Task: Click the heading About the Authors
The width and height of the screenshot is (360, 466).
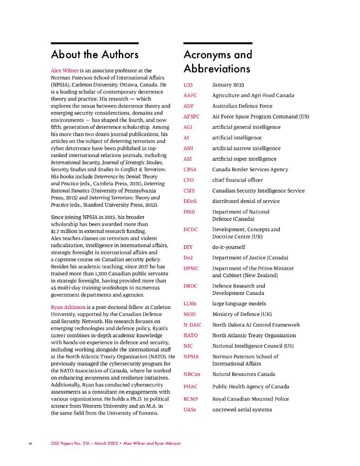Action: point(95,55)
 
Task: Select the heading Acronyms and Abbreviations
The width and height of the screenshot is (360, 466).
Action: point(218,61)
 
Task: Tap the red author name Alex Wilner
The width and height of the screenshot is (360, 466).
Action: point(65,71)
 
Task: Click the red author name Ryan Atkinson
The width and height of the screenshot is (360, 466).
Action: point(68,307)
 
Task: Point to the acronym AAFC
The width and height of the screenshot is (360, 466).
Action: point(190,96)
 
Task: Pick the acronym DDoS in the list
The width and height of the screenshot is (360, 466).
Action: point(191,201)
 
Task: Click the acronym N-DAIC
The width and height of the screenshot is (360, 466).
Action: point(193,325)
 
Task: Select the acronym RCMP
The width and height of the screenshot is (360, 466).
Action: point(191,399)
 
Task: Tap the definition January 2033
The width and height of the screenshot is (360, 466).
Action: point(228,85)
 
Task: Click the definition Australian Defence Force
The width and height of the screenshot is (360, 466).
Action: point(242,106)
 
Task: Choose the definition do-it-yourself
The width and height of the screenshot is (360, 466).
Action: point(228,247)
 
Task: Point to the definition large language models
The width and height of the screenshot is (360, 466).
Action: point(239,304)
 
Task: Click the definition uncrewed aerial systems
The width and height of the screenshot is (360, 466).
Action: point(242,410)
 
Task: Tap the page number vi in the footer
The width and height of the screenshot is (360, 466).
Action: point(30,443)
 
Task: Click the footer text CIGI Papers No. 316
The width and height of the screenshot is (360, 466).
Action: point(71,443)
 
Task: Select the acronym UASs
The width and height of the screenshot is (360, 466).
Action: point(190,410)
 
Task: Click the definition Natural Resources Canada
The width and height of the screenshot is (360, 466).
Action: point(243,375)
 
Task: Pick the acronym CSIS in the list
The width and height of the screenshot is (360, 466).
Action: point(189,191)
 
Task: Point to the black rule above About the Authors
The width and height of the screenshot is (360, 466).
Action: point(95,43)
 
